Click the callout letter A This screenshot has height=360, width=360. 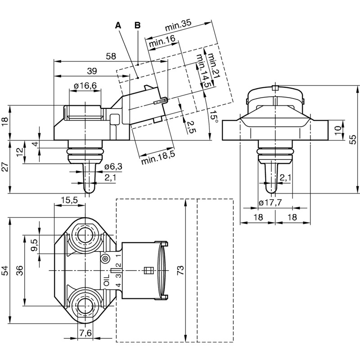(x=118, y=25)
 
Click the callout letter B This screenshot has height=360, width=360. (x=137, y=25)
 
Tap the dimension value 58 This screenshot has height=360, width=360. (x=111, y=57)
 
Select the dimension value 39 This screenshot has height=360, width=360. (x=92, y=71)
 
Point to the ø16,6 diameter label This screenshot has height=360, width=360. (x=85, y=86)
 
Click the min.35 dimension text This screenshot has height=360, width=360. (x=178, y=26)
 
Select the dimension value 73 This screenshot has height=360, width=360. (x=180, y=270)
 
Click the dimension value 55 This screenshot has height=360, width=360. (x=354, y=139)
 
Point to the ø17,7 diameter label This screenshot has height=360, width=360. (x=270, y=203)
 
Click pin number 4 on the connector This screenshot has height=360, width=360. (x=118, y=285)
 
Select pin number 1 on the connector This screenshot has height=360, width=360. (x=118, y=255)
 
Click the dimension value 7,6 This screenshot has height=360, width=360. (x=85, y=333)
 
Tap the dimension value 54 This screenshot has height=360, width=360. (x=4, y=270)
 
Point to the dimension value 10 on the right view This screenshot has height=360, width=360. (x=338, y=130)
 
